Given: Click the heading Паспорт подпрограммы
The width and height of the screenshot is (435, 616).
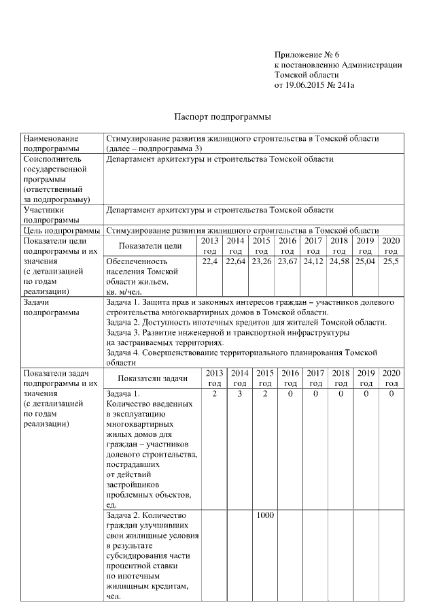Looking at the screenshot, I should (217, 116).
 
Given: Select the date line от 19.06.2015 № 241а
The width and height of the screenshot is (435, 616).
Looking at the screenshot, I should (315, 85).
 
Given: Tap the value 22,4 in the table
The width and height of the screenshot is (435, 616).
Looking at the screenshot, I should (210, 261).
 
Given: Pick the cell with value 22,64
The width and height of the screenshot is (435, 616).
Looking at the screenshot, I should (236, 261).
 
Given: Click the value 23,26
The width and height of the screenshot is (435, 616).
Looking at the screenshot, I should (261, 261).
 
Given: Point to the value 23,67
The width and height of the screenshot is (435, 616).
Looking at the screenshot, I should (288, 261).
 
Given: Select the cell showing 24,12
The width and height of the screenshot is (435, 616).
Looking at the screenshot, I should (313, 261).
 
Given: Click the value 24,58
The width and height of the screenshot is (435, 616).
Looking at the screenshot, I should (339, 261).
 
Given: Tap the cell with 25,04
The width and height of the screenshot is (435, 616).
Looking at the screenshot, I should (365, 261).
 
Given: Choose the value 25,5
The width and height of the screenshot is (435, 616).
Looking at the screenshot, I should (391, 261).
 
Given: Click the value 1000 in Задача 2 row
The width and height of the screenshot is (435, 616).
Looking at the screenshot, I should (265, 515).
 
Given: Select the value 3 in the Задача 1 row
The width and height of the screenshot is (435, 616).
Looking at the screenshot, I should (240, 393).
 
